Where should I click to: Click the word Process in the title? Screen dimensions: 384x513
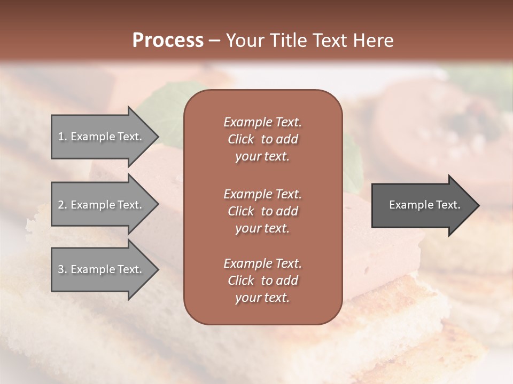[168, 41]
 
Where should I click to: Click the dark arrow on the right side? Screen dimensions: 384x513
[422, 205]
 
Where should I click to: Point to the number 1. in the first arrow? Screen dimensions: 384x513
[62, 137]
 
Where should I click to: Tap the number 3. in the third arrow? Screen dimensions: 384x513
[62, 270]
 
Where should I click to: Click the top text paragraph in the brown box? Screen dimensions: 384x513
[262, 139]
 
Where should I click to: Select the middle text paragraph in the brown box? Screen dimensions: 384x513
[262, 211]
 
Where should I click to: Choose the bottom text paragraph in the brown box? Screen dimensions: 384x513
[262, 281]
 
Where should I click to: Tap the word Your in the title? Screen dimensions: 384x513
[243, 41]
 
